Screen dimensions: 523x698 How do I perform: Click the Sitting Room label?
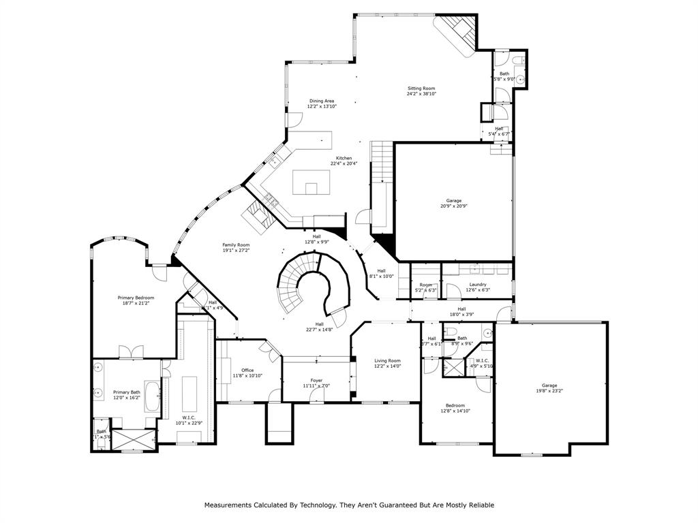[421, 89]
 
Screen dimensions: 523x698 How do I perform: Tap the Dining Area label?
[322, 101]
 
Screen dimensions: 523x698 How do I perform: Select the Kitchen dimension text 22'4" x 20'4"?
[344, 163]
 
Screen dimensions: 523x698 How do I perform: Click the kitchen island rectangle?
[312, 182]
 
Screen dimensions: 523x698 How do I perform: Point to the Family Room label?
[236, 244]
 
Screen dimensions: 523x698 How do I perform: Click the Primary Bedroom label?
[136, 298]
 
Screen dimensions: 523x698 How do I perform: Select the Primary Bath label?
[126, 392]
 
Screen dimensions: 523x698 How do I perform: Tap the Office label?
[247, 370]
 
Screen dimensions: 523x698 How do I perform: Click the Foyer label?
[316, 380]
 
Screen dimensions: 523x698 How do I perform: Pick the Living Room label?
[388, 360]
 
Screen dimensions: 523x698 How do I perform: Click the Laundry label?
[477, 284]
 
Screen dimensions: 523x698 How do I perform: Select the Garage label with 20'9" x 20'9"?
[454, 201]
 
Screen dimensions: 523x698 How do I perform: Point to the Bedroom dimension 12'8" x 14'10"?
[455, 411]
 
